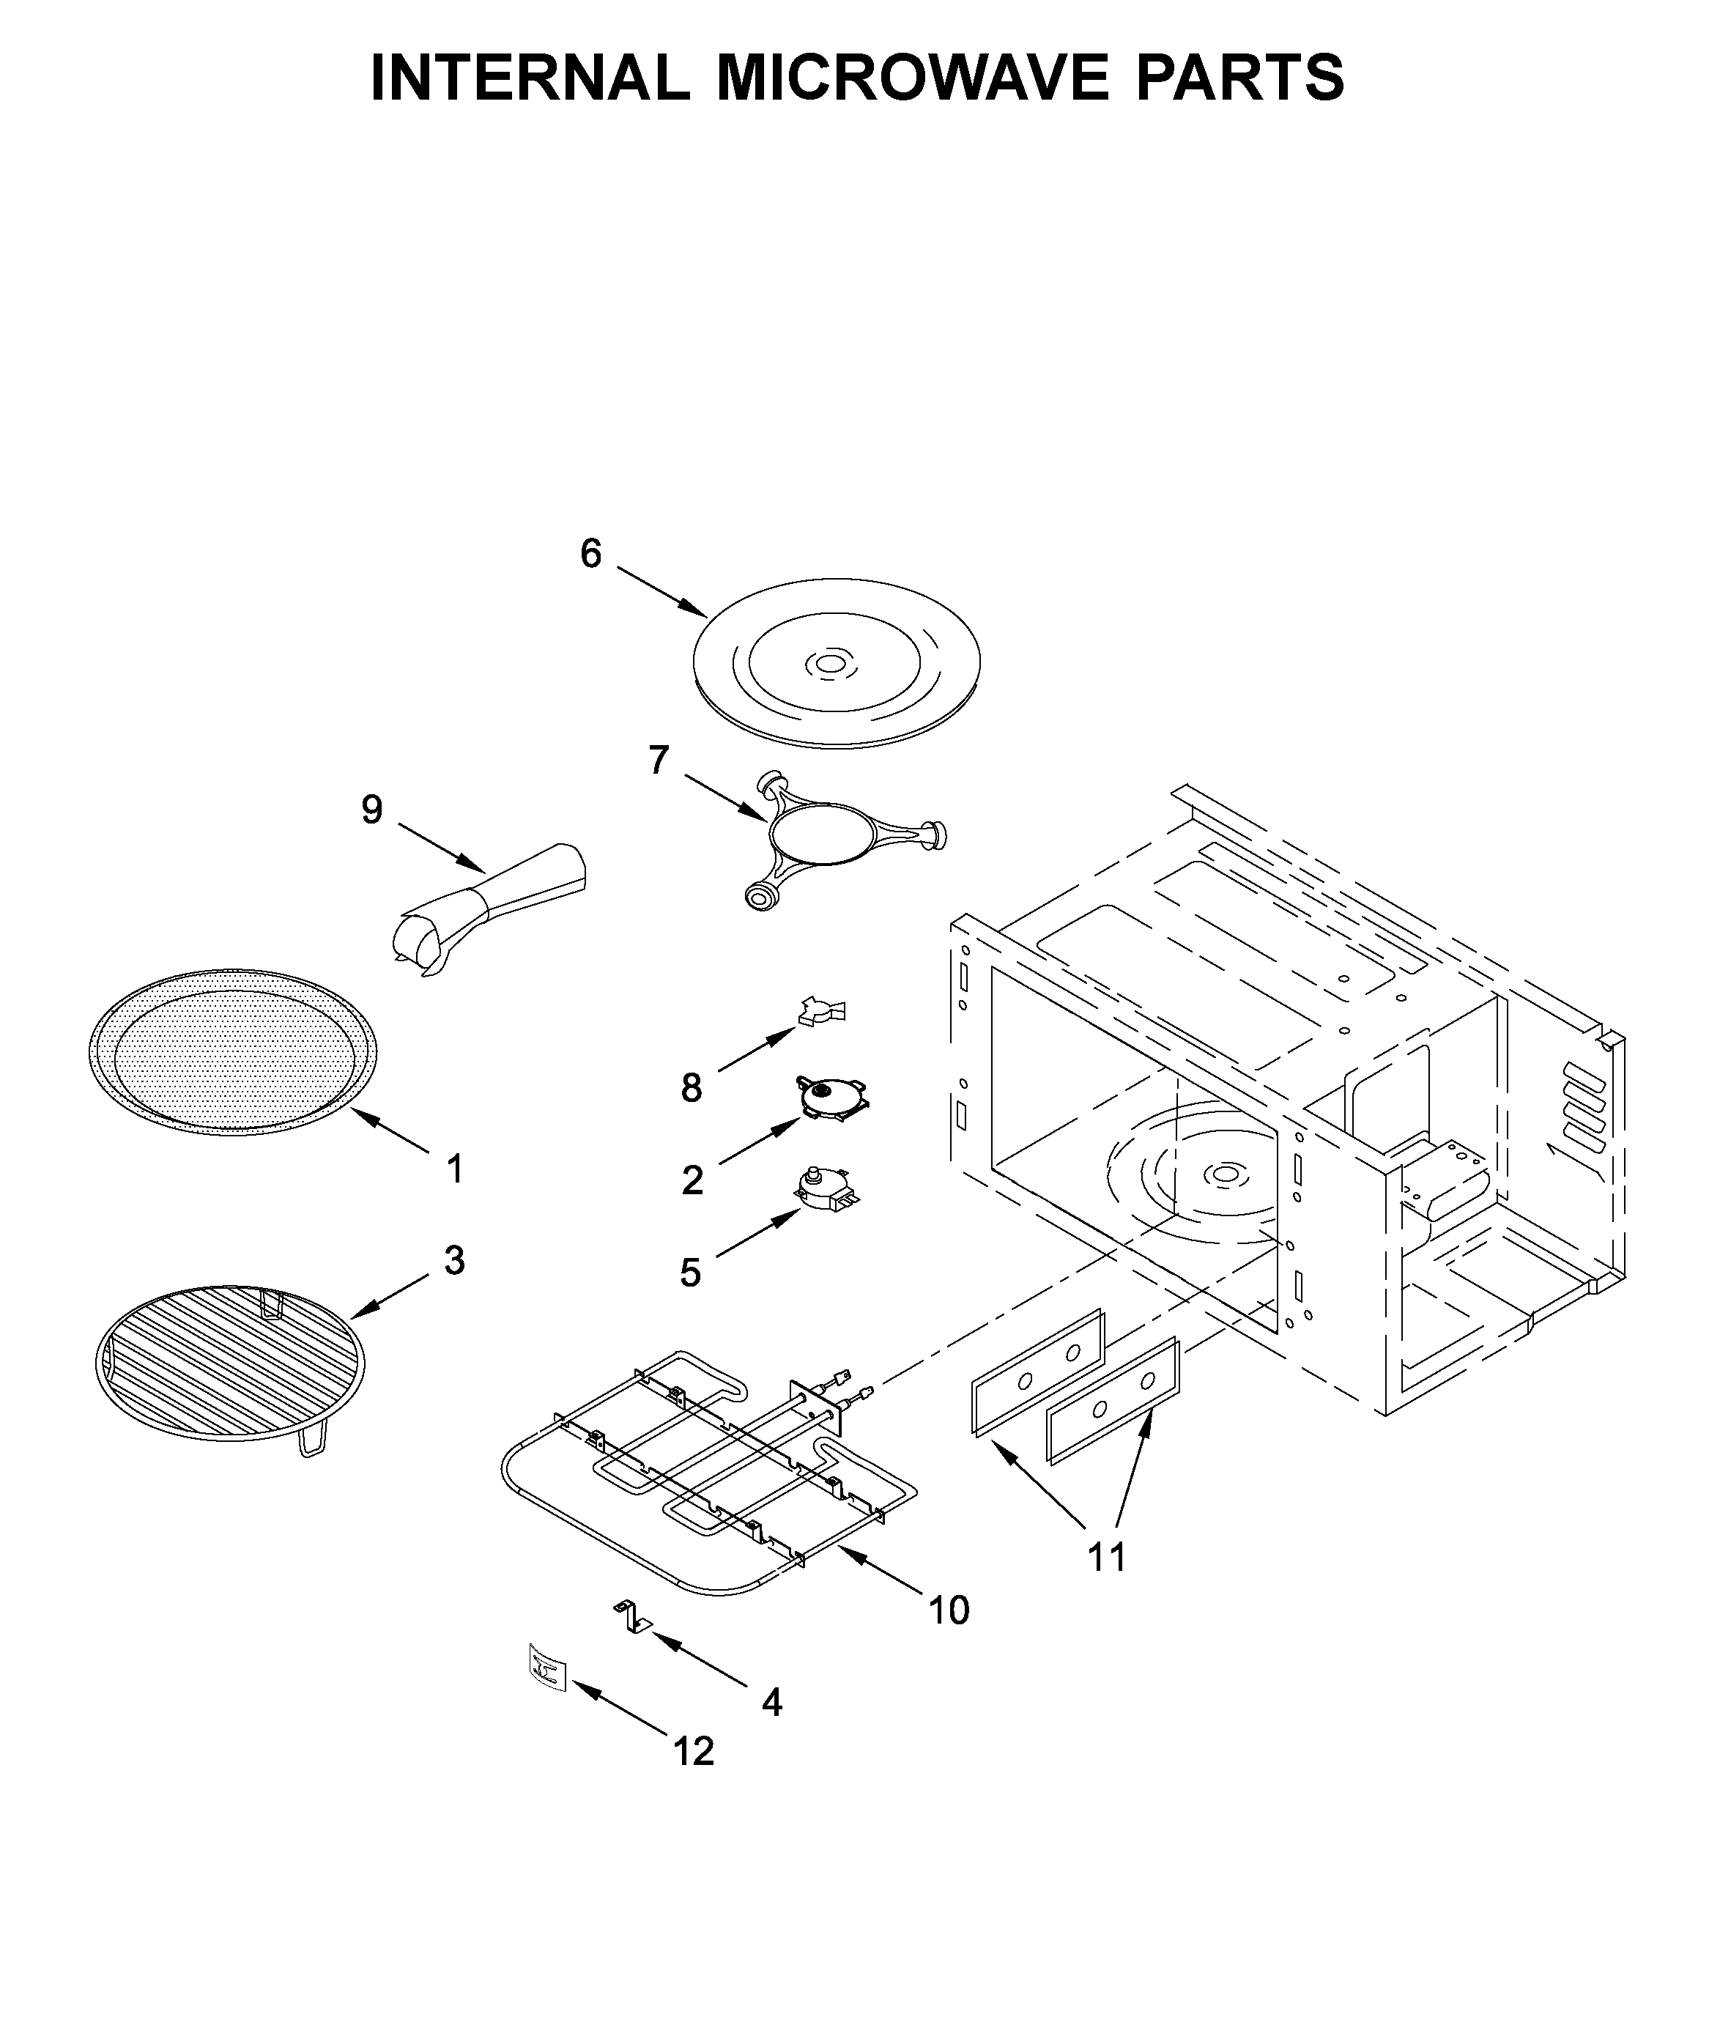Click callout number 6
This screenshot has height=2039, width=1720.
coord(591,554)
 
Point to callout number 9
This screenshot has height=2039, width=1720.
coord(371,810)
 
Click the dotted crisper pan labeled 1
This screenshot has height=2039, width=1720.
coord(232,1052)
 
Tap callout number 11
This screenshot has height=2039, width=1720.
coord(1107,1558)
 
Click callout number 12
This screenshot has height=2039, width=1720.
coord(694,1753)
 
